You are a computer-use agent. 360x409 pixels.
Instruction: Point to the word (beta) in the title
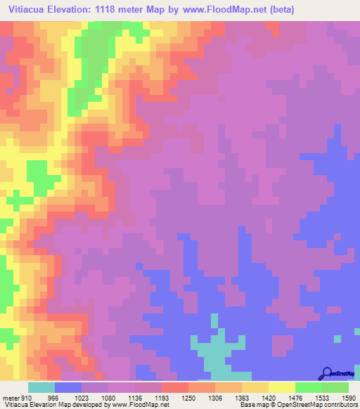[278, 10]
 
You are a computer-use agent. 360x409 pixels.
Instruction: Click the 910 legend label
[27, 397]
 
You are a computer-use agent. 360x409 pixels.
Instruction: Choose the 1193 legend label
[162, 397]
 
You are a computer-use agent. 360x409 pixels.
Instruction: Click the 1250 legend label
[188, 397]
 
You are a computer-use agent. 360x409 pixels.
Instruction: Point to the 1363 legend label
[242, 397]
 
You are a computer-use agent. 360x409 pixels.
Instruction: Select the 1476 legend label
[295, 397]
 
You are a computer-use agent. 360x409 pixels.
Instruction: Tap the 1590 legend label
[348, 397]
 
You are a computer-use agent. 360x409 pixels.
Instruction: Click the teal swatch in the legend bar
[41, 387]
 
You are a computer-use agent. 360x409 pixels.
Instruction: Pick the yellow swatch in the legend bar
[281, 387]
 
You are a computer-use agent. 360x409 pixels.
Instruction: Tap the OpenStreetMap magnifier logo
[326, 373]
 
